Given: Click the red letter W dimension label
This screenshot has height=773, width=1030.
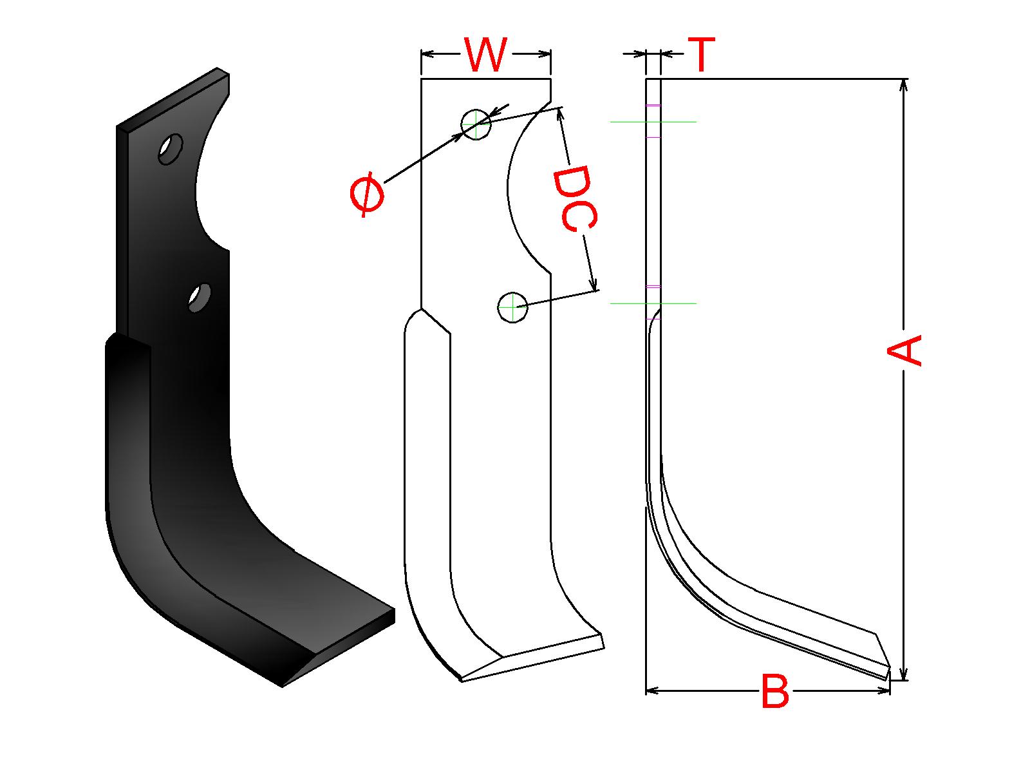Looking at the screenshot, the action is [485, 55].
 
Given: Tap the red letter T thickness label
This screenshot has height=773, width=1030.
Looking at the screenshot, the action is [701, 55].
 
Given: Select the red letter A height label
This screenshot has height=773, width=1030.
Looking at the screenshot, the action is [904, 350].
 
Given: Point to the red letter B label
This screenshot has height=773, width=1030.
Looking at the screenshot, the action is [774, 691].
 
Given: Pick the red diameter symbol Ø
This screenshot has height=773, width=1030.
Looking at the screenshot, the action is [367, 195].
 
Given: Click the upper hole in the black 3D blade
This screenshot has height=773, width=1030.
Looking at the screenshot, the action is [171, 149].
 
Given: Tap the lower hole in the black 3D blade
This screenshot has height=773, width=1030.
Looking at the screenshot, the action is [200, 298].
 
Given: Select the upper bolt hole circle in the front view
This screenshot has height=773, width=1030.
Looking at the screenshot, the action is [476, 125].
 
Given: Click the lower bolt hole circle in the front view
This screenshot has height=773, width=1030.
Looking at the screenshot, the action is [512, 307].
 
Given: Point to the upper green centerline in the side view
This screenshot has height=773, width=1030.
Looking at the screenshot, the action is [653, 122].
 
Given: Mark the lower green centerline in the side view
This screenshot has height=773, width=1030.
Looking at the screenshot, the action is [653, 303].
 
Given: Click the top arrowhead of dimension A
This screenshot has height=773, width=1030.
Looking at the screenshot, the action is [904, 86].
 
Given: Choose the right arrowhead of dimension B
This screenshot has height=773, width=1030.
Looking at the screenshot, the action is [883, 691].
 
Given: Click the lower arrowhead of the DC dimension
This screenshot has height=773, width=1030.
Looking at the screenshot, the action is [593, 283].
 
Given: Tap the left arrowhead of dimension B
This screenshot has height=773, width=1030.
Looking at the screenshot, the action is [653, 691].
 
